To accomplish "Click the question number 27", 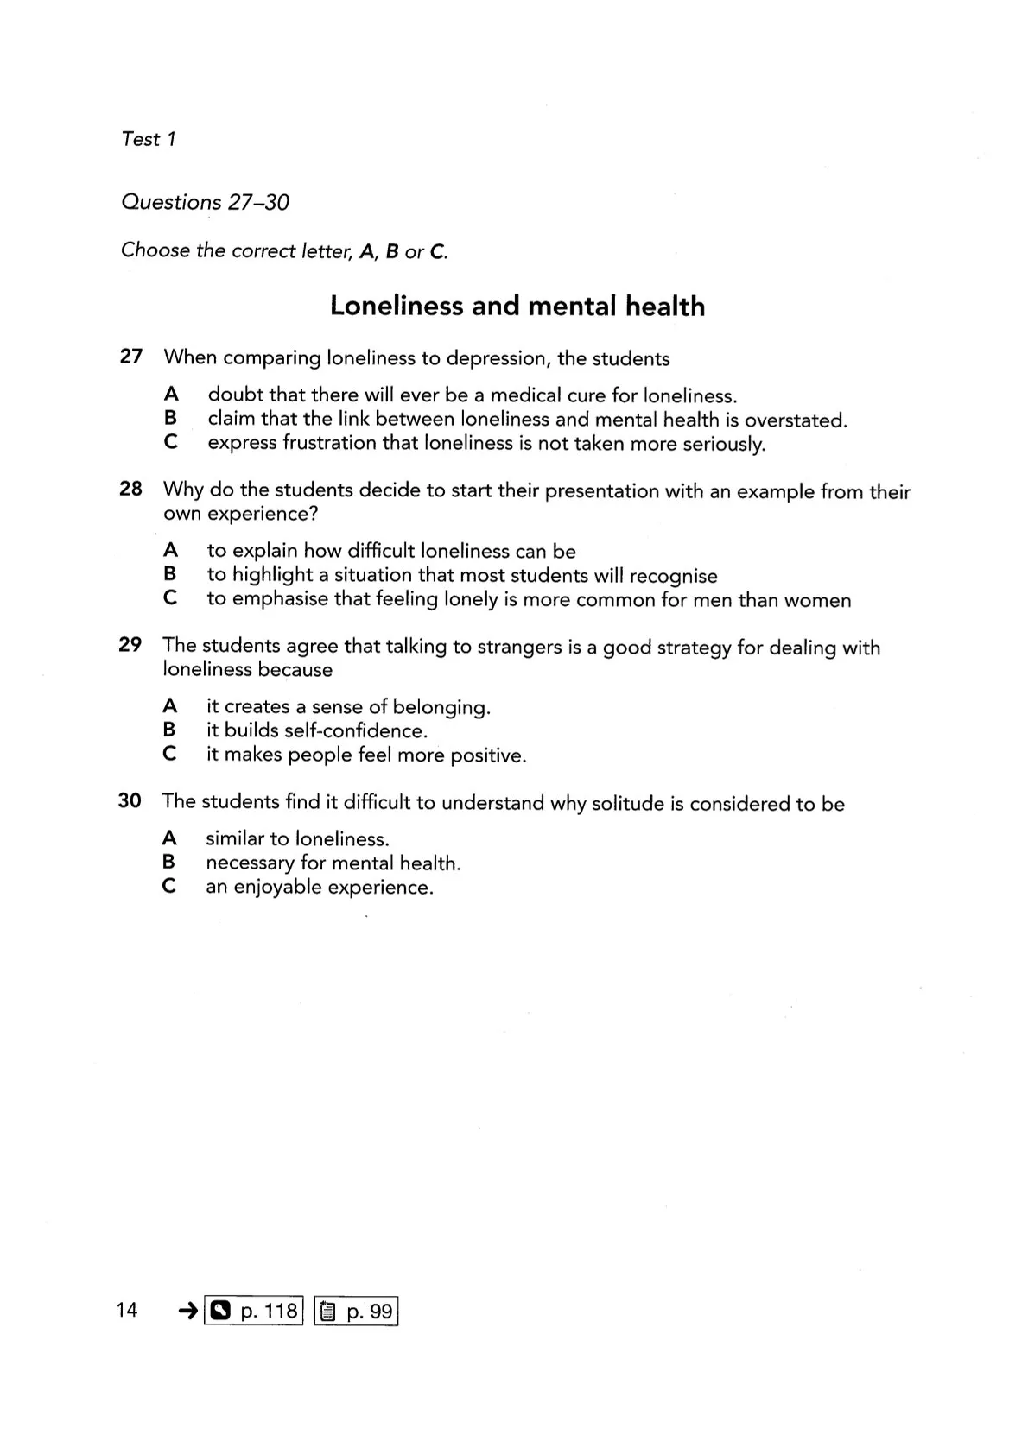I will (x=130, y=357).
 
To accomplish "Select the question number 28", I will (x=130, y=489).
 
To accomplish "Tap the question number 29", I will (x=130, y=645).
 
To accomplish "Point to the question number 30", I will (x=130, y=801).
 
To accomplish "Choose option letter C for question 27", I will (x=171, y=442).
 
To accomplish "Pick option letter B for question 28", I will (x=170, y=573).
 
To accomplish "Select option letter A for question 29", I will (x=170, y=705).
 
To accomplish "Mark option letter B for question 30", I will (x=169, y=861).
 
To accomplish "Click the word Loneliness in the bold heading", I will (x=397, y=306).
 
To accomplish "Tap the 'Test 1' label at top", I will (x=149, y=139).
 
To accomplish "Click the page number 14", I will (x=126, y=1310).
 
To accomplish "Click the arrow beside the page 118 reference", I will (x=187, y=1312).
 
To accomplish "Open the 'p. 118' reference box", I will (x=254, y=1312).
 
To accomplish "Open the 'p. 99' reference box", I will (x=355, y=1312).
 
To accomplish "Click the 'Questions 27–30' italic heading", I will (x=206, y=202).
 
